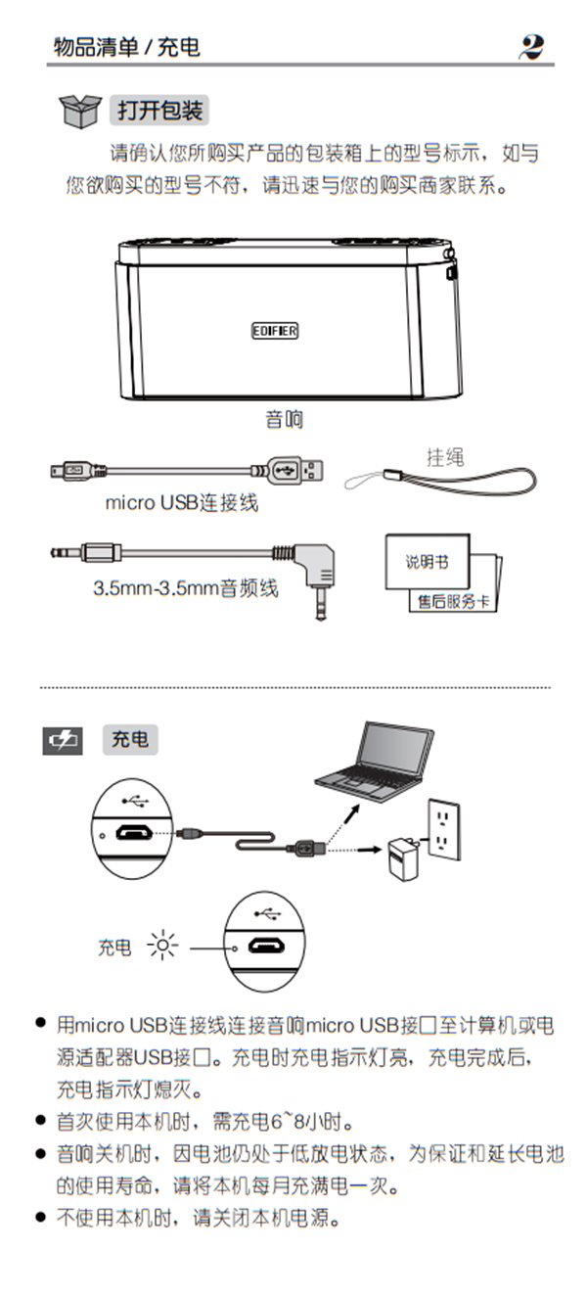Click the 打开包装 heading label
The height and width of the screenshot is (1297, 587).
click(x=160, y=111)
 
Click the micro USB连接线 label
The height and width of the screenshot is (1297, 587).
click(x=182, y=503)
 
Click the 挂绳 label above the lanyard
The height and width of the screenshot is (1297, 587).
click(x=444, y=456)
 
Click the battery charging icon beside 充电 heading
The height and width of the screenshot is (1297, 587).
click(x=63, y=740)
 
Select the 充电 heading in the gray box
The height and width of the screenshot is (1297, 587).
click(x=130, y=740)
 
